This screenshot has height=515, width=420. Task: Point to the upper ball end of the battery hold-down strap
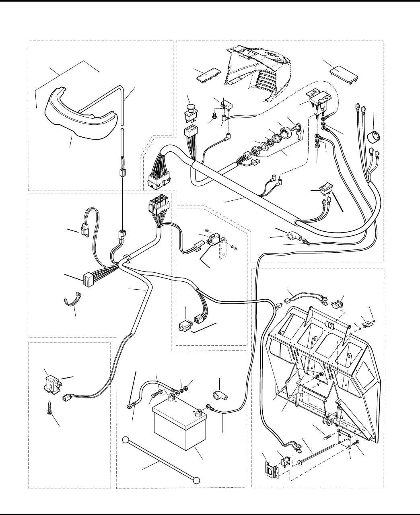[x=126, y=439]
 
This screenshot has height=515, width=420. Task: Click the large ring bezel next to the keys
[x=285, y=131]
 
